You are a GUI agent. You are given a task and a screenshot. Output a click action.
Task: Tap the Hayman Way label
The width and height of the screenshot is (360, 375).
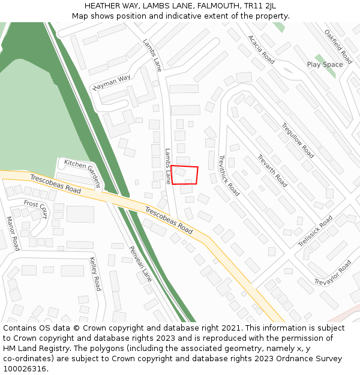click(x=112, y=82)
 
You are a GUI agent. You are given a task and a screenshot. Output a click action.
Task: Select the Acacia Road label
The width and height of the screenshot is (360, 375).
click(x=261, y=50)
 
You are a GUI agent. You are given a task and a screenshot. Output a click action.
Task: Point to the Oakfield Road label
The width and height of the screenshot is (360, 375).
click(x=338, y=47)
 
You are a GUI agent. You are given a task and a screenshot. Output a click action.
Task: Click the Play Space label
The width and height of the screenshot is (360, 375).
click(x=325, y=64)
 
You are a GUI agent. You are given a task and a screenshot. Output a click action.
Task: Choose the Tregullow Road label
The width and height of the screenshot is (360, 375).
click(x=298, y=140)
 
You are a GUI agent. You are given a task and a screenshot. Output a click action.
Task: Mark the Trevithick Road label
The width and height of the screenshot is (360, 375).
click(x=229, y=176)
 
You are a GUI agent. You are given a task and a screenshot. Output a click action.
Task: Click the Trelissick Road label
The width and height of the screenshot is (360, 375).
click(x=316, y=231)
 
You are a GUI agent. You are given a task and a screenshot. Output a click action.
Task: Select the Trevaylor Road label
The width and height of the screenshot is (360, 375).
click(x=333, y=273)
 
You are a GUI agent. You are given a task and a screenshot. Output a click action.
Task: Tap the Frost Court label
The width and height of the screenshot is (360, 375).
click(x=35, y=209)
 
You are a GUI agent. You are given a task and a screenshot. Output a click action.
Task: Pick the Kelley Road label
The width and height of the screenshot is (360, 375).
click(x=95, y=274)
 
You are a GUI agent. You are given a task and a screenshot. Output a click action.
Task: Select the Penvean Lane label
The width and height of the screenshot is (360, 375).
click(x=141, y=264)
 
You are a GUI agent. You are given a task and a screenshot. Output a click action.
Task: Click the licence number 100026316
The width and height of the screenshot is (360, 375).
click(x=26, y=369)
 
